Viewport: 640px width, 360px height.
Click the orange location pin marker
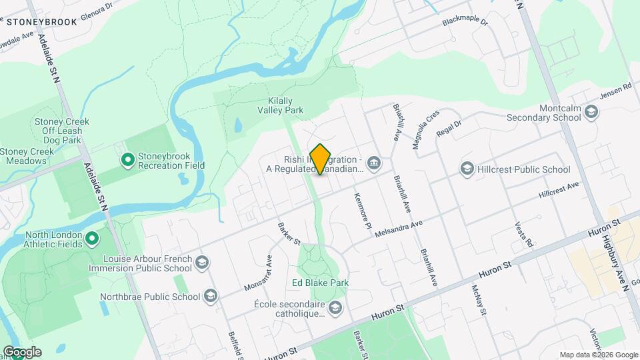pyautogui.click(x=321, y=159)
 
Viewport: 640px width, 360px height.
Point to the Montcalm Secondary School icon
pyautogui.click(x=591, y=113)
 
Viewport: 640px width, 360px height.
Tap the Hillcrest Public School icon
pyautogui.click(x=467, y=169)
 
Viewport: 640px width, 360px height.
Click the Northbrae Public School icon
pyautogui.click(x=211, y=297)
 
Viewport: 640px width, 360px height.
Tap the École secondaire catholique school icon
pyautogui.click(x=335, y=307)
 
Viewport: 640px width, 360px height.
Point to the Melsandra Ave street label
pyautogui.click(x=399, y=230)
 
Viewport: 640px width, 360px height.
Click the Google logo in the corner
pyautogui.click(x=22, y=352)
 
